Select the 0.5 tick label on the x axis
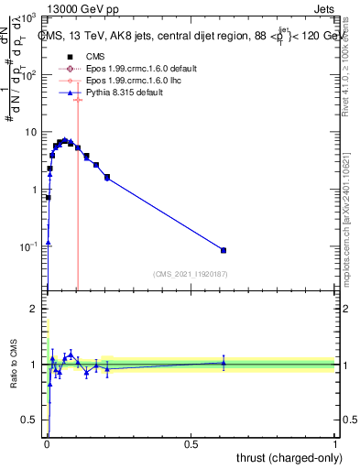click(x=191, y=446)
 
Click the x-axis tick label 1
click(x=335, y=446)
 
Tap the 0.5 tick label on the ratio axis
click(x=28, y=420)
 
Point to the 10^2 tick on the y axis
click(x=28, y=76)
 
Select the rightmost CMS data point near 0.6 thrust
click(x=224, y=250)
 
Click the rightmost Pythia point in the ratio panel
click(x=224, y=363)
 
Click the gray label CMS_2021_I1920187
click(x=189, y=273)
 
